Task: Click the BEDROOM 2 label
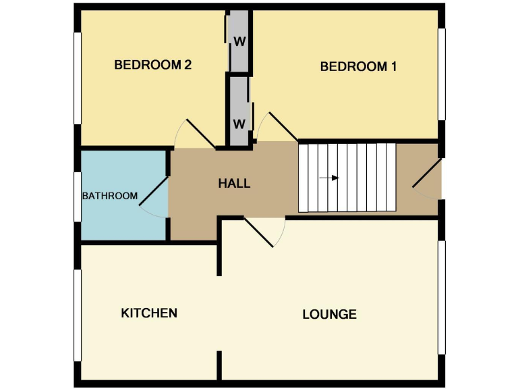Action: [153, 65]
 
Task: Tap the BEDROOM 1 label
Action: [358, 66]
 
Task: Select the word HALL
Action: [234, 183]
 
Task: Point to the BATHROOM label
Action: [109, 196]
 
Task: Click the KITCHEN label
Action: [149, 313]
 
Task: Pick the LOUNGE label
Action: [329, 314]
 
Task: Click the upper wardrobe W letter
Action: [239, 41]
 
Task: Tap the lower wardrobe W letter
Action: [239, 124]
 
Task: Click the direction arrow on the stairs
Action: [329, 178]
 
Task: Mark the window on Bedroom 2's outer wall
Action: [78, 78]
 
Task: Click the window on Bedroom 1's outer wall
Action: [442, 74]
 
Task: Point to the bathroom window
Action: [78, 196]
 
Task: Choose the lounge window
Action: [442, 297]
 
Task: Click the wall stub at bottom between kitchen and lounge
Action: [219, 365]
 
